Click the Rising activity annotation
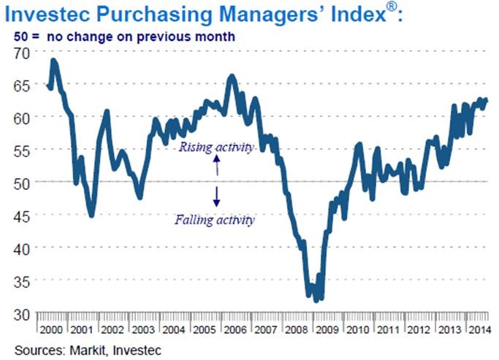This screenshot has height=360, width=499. (x=216, y=147)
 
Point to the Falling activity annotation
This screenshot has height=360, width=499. (x=215, y=218)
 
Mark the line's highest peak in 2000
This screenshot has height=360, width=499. (x=53, y=61)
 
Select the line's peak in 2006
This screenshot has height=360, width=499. (x=232, y=76)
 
